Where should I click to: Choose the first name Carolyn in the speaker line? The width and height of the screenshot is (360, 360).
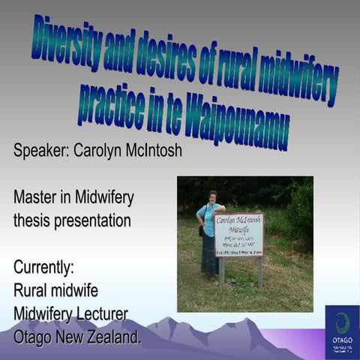(x=103, y=151)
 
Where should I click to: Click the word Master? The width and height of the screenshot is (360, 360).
(x=37, y=198)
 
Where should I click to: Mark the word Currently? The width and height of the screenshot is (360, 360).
(x=43, y=268)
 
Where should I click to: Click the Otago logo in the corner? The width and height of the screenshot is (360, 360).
(x=341, y=331)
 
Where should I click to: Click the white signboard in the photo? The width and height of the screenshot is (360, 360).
(x=238, y=234)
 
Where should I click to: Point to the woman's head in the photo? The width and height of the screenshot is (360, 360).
(x=212, y=196)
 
